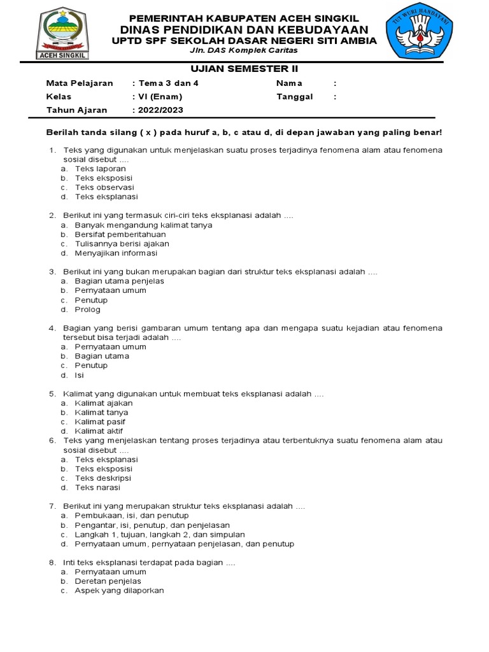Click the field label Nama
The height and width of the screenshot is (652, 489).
[x=289, y=83]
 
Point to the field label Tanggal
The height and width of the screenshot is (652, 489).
[x=294, y=97]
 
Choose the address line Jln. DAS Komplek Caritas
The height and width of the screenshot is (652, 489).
[x=244, y=50]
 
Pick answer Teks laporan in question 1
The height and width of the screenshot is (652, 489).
[x=100, y=169]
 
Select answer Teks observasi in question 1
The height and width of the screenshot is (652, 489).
[x=104, y=188]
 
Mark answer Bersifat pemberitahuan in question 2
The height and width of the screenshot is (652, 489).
[x=120, y=234]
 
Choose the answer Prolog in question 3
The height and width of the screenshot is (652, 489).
[x=87, y=309]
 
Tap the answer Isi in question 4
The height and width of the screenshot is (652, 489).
[x=79, y=375]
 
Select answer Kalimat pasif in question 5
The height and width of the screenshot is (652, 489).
[x=99, y=422]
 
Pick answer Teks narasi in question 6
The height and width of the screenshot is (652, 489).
[x=97, y=488]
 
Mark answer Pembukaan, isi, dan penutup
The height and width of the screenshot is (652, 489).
[x=131, y=515]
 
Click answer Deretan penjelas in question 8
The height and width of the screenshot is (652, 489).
[x=108, y=581]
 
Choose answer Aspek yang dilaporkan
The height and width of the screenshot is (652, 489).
[x=119, y=590]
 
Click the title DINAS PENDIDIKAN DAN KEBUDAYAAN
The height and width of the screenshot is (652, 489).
[x=244, y=30]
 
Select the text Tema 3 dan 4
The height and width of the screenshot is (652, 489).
[x=165, y=83]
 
